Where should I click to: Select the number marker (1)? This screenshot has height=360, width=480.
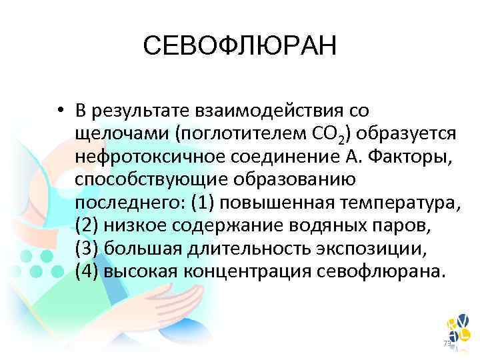tap(202, 201)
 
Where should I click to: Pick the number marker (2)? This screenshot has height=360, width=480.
tap(87, 225)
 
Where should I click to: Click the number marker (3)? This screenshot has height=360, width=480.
tap(87, 248)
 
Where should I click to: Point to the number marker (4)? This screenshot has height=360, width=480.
tap(87, 271)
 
